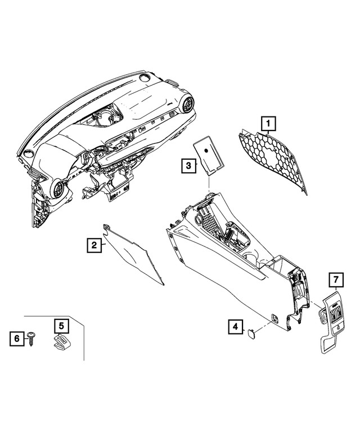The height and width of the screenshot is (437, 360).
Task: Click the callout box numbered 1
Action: pyautogui.click(x=269, y=122)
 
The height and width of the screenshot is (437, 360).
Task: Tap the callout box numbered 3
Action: pyautogui.click(x=188, y=165)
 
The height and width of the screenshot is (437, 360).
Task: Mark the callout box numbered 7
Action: pyautogui.click(x=335, y=279)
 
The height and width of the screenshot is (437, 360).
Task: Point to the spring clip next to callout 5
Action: pyautogui.click(x=60, y=343)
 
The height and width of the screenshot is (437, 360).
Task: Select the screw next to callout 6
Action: pyautogui.click(x=31, y=337)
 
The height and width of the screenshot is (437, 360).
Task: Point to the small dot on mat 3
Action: pyautogui.click(x=208, y=150)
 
